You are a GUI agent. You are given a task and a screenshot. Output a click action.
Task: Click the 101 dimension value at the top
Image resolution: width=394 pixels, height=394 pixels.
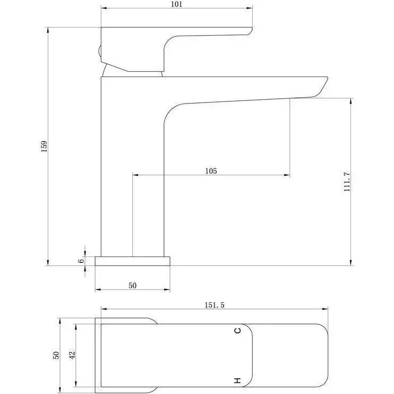tap(177, 4)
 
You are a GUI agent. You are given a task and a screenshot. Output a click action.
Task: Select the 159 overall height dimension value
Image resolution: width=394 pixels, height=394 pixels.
tap(44, 146)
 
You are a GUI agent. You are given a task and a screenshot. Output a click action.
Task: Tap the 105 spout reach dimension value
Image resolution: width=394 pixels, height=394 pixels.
tap(211, 171)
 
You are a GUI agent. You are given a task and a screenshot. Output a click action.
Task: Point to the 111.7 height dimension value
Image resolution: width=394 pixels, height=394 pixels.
tap(347, 182)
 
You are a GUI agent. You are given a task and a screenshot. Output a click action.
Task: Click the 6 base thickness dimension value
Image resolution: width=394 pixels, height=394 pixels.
tap(81, 261)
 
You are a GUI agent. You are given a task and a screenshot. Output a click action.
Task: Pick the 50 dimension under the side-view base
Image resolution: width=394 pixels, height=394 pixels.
tap(132, 286)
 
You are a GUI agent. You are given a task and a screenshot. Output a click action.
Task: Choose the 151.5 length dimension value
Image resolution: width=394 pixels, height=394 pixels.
tap(215, 305)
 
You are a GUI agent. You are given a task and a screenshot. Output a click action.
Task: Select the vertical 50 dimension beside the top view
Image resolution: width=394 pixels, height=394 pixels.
tap(56, 355)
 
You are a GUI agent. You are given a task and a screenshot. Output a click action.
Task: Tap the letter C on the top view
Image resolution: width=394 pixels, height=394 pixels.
tap(237, 330)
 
